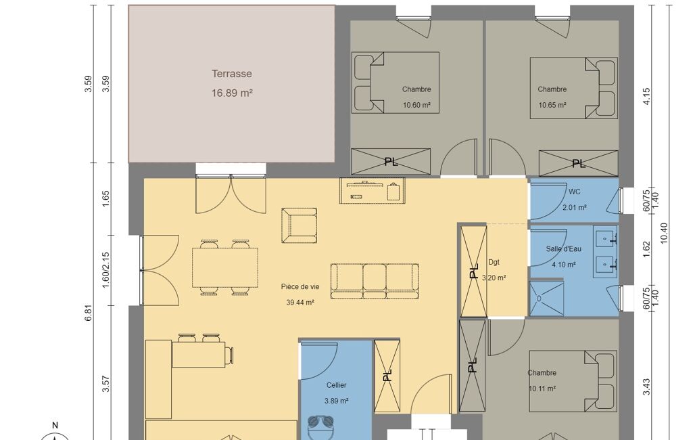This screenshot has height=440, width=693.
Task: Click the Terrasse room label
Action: (232, 74)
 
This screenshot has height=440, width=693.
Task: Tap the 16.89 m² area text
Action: (232, 93)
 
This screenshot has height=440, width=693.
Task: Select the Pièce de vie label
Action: (300, 287)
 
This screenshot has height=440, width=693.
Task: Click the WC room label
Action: (575, 192)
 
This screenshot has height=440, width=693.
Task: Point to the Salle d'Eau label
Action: (563, 249)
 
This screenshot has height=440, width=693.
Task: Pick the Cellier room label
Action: (336, 385)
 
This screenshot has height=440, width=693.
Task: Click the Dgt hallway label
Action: (494, 262)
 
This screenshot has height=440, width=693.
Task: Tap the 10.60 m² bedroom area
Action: (416, 106)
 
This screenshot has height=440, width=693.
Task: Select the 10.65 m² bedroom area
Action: (552, 106)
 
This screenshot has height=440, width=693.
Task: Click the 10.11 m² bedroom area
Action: (542, 389)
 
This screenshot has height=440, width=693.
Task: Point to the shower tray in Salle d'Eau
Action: (546, 298)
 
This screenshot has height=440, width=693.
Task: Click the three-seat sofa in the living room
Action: (375, 282)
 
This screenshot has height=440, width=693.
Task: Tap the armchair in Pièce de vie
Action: (300, 225)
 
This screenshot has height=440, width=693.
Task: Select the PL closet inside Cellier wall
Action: (387, 376)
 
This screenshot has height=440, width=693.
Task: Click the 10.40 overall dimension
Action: (663, 233)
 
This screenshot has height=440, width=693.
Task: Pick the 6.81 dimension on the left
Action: (89, 313)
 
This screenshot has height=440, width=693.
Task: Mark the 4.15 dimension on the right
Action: (646, 96)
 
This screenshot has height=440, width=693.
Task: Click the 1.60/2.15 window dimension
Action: (105, 270)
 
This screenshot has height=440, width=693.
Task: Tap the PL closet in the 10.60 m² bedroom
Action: (391, 162)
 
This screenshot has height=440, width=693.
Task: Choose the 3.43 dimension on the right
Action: (646, 387)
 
